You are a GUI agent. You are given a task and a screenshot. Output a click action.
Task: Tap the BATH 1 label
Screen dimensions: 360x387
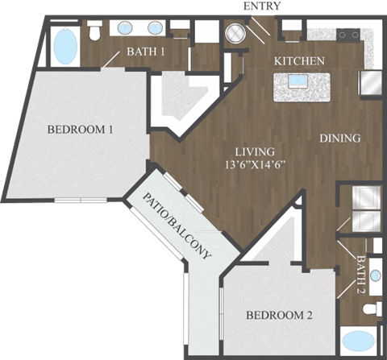coord(148,54)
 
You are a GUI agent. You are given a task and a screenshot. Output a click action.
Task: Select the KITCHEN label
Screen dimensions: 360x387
coord(299,61)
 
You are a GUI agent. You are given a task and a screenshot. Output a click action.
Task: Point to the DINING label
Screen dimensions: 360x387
coord(339,138)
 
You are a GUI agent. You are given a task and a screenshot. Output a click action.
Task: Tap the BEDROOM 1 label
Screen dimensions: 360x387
coord(79,129)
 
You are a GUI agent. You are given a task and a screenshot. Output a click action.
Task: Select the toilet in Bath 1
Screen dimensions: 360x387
coord(95,31)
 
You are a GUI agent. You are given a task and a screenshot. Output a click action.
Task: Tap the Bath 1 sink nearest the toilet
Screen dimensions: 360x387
coord(127,29)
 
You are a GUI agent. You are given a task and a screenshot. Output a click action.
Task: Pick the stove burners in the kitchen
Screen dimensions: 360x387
coord(347,35)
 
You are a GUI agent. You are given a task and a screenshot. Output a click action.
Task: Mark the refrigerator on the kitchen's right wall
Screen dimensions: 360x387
coord(373,84)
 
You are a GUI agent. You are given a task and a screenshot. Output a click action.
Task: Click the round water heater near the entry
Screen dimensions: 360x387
coord(235,34)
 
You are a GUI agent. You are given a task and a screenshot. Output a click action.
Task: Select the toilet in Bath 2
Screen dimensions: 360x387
coord(372,308)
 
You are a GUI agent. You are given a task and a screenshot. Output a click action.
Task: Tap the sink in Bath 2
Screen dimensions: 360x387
coord(373,246)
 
